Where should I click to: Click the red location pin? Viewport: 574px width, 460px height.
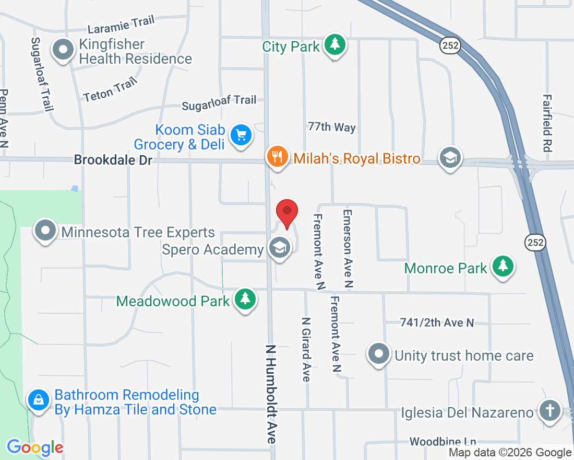click(286, 212)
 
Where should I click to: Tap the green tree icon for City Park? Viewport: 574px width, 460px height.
click(334, 45)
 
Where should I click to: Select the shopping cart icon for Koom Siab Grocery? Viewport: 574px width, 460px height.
click(241, 135)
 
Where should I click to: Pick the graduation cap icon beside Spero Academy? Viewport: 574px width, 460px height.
click(280, 248)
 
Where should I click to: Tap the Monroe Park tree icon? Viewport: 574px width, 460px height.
click(503, 266)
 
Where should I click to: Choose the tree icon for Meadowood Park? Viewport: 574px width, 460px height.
click(245, 299)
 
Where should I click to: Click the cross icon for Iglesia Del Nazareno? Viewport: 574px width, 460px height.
click(549, 410)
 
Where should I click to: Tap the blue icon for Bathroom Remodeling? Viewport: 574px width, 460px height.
click(39, 400)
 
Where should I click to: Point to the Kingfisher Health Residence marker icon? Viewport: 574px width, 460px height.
click(64, 51)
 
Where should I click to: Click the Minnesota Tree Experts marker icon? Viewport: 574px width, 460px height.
click(45, 231)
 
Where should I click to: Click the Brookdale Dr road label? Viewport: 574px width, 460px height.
click(113, 159)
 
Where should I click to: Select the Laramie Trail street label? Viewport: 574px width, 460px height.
click(121, 25)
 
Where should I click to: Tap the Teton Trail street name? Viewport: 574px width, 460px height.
click(111, 89)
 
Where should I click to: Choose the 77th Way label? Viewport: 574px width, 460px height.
click(332, 127)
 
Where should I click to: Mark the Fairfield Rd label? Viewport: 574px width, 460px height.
click(547, 123)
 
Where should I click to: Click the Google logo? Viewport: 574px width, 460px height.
click(35, 447)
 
